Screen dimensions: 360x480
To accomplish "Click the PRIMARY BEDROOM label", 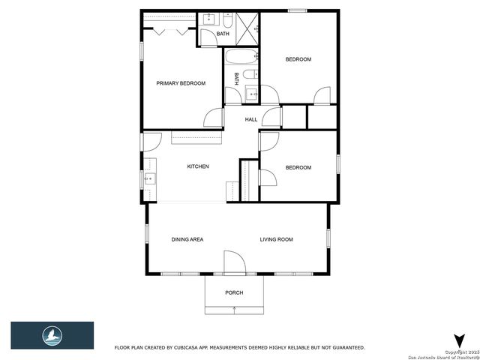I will click(180, 83).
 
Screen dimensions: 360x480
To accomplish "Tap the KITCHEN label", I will click(198, 166).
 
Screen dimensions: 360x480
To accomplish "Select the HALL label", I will click(250, 119).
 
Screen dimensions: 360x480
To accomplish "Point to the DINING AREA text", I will click(187, 239).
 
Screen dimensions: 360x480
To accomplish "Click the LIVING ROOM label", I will click(276, 239).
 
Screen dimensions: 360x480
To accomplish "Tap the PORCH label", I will click(234, 292).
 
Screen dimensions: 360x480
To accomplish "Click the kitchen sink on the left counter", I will click(149, 179).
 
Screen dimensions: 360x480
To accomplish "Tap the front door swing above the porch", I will click(234, 262).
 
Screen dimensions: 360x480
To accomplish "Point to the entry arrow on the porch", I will click(234, 309).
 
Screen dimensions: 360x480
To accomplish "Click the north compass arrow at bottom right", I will click(458, 340).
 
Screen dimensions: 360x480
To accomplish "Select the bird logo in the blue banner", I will click(52, 334).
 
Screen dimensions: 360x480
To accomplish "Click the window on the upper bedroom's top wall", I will click(298, 10).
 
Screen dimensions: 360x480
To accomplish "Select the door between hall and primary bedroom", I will click(214, 117).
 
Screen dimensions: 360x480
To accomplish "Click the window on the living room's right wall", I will click(328, 238).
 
